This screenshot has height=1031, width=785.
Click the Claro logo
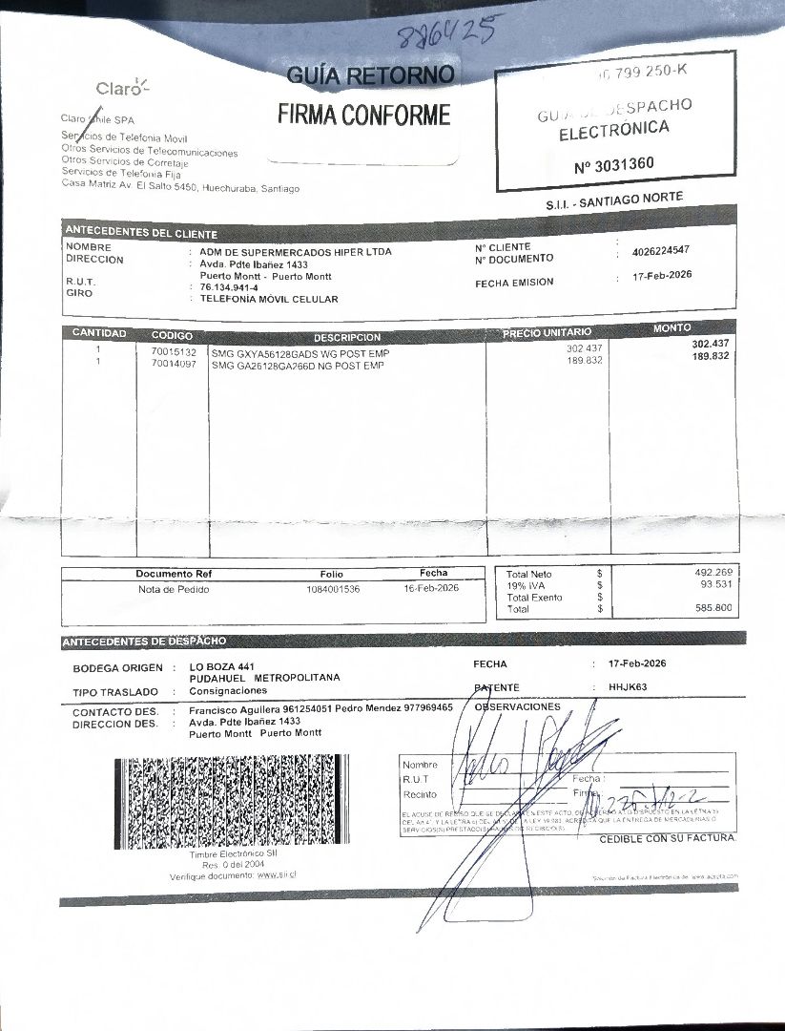click(x=122, y=89)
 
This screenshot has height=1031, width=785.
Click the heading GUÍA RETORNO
click(x=371, y=75)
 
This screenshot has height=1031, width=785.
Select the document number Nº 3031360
click(x=613, y=164)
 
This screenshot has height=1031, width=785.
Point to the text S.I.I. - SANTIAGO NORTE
click(x=614, y=201)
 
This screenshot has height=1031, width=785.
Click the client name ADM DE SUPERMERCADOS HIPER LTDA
click(x=295, y=252)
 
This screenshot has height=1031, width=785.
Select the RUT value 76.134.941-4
click(x=229, y=286)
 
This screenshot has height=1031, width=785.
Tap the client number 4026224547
click(x=660, y=251)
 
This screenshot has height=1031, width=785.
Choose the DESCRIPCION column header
click(x=347, y=337)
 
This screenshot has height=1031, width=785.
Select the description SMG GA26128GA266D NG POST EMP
click(x=298, y=365)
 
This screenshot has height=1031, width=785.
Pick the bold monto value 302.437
click(x=710, y=344)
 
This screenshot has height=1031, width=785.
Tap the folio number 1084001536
click(x=333, y=589)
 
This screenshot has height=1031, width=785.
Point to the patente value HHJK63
click(x=628, y=686)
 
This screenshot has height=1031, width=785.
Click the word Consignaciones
click(x=228, y=690)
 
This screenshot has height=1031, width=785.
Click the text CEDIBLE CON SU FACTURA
click(x=668, y=838)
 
